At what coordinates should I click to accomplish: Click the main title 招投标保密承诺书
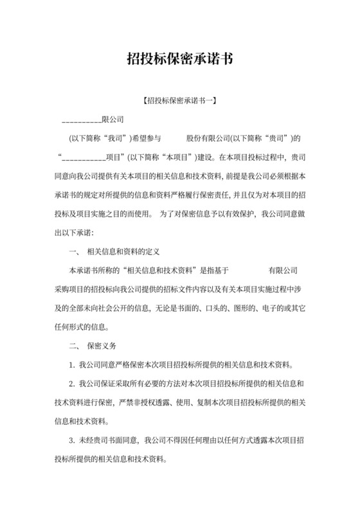[x=179, y=60]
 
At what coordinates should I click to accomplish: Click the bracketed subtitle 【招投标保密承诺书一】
[x=179, y=101]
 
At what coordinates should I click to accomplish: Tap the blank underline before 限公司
[x=81, y=120]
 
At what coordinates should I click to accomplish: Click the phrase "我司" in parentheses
[x=115, y=138]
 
